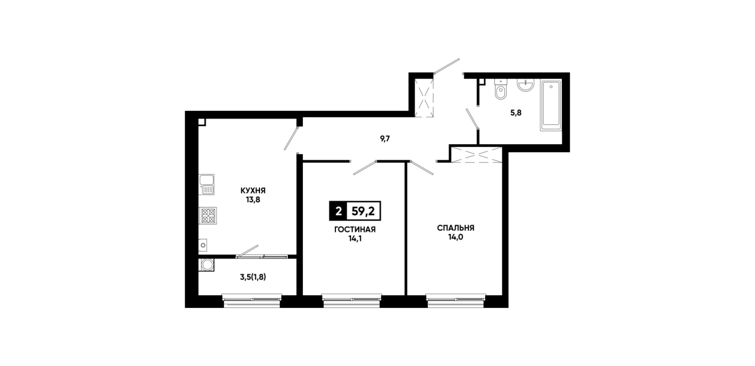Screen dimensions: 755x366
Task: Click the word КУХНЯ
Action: coord(253,191)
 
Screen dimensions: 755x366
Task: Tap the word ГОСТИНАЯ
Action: coord(355,229)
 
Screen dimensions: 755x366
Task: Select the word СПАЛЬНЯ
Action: coord(456,228)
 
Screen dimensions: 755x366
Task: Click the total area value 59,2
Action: coord(363,211)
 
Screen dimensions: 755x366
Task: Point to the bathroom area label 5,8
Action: coord(516,113)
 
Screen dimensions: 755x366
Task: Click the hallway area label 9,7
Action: coord(385,139)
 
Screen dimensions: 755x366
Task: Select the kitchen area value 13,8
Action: coord(253,200)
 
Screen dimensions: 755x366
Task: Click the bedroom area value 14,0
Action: coord(456,237)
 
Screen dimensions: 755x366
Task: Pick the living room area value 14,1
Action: coord(355,239)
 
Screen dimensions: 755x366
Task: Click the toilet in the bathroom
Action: coord(501,89)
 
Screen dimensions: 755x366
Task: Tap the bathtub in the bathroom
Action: coord(551,105)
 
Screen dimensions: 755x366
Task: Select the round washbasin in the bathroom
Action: coord(525,85)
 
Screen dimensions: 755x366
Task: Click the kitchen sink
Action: coord(207,185)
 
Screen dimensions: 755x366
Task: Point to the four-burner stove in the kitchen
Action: coord(208,216)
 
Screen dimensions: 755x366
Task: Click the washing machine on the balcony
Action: coord(207,265)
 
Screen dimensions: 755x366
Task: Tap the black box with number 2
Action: coord(338,211)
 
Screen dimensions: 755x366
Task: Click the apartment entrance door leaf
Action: coord(447,66)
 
